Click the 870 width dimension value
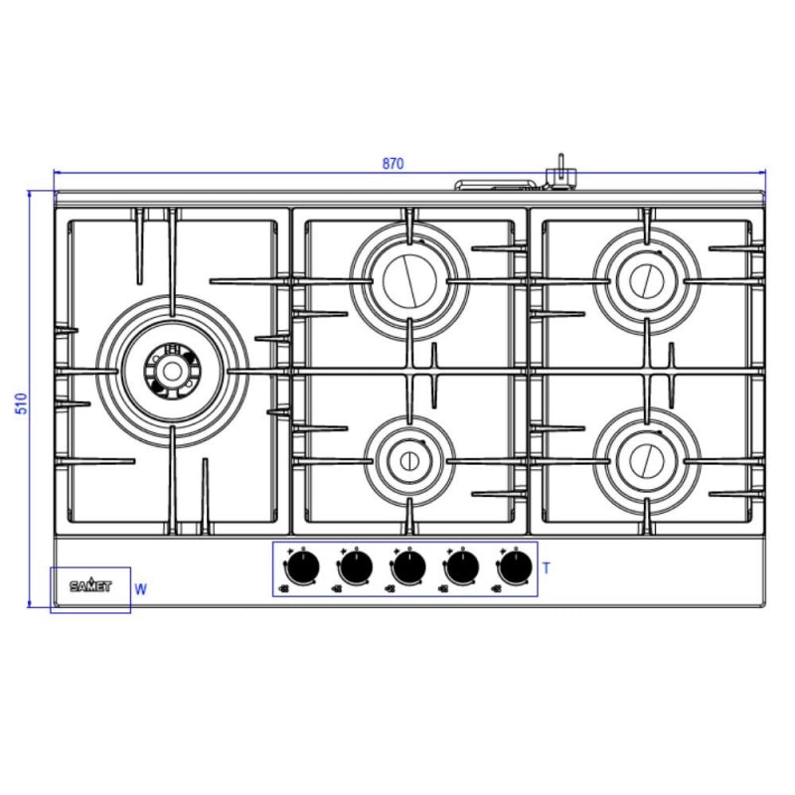coord(393,164)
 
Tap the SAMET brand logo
coord(90,586)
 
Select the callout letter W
coord(141,589)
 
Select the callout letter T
coord(546,568)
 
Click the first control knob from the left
coord(302,567)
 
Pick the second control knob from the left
coord(356,567)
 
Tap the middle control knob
coord(409,567)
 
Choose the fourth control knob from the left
coord(462,567)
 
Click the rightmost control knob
coord(516,567)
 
